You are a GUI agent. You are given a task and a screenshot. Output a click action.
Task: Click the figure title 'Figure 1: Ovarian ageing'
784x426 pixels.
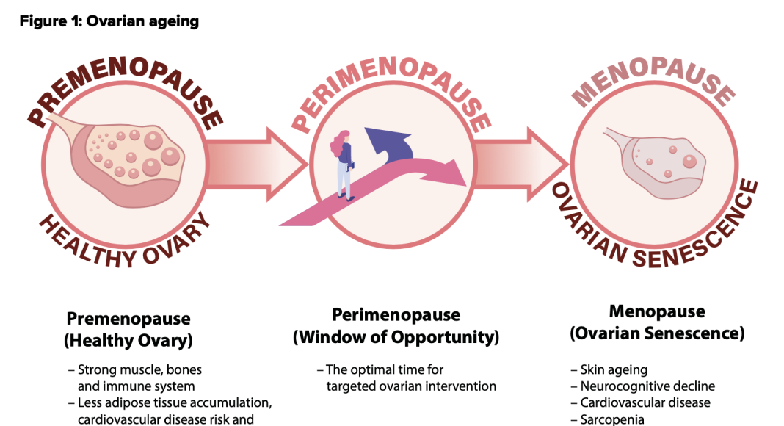(x=109, y=21)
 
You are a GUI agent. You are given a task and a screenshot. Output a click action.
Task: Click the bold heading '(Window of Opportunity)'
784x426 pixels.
(x=396, y=337)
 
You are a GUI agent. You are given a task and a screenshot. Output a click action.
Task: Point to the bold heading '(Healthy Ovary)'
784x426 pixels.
(x=128, y=341)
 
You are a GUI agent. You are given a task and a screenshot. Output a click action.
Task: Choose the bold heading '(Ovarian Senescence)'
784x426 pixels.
(x=657, y=333)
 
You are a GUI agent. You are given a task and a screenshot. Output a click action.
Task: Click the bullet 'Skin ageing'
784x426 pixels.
(x=614, y=370)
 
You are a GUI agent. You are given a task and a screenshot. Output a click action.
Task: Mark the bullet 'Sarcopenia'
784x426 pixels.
(x=614, y=419)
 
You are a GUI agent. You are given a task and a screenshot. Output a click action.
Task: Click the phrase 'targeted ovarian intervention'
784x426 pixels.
(x=411, y=386)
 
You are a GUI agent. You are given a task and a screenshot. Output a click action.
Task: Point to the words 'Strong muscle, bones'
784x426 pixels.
(x=139, y=370)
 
